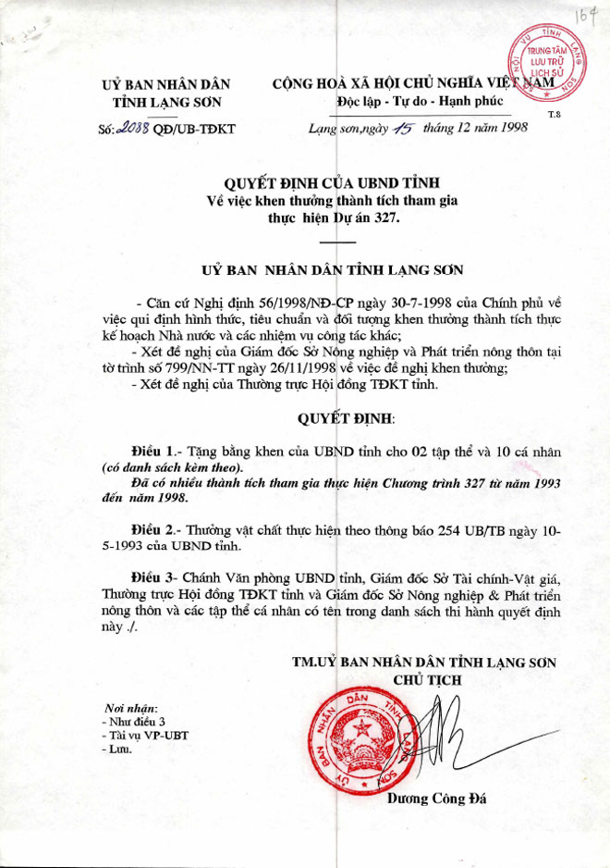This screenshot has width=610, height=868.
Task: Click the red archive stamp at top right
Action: [544, 68]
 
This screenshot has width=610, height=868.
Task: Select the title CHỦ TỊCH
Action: [428, 679]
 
